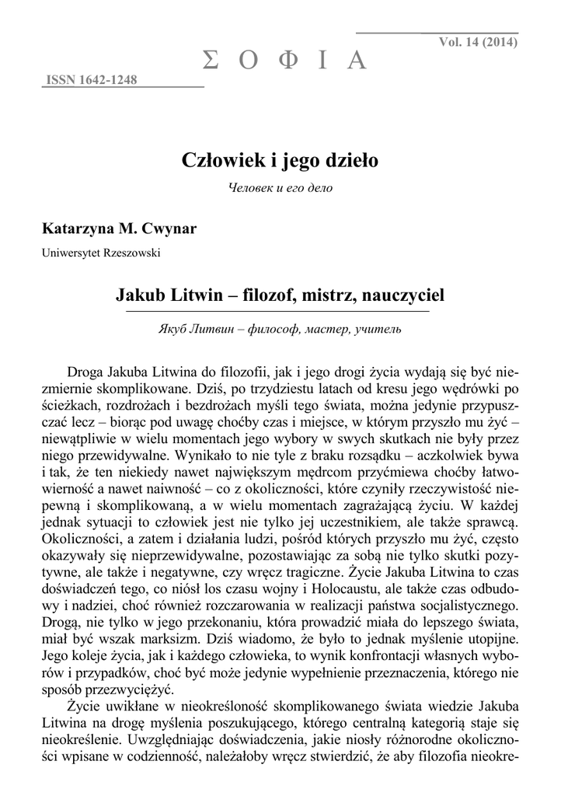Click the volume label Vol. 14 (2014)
(x=478, y=42)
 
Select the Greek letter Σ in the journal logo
(x=211, y=60)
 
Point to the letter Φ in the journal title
(x=287, y=60)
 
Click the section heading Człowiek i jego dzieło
(x=280, y=161)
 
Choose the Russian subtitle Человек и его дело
(x=280, y=190)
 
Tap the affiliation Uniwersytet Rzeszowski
(x=101, y=253)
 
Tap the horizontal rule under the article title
(x=280, y=312)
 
